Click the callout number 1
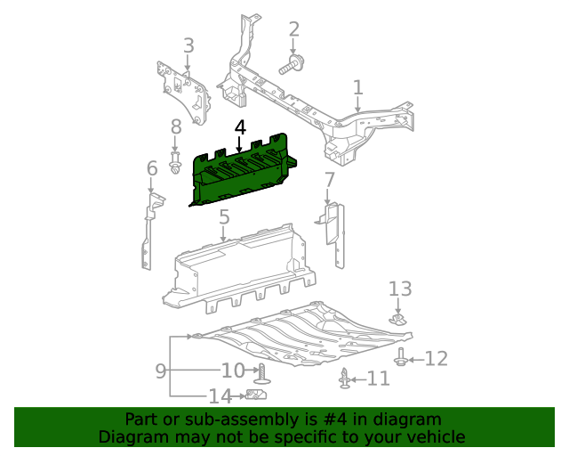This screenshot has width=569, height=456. (357, 87)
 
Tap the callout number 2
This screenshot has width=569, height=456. (294, 30)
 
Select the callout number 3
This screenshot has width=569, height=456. (188, 45)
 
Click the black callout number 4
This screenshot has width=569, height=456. (240, 128)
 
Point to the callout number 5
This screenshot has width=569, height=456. (224, 216)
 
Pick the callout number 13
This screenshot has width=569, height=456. (400, 289)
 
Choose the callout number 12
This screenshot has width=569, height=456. (436, 358)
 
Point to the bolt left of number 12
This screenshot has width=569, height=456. (402, 358)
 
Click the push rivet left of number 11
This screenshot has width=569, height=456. (345, 379)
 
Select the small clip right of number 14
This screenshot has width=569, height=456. (258, 395)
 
